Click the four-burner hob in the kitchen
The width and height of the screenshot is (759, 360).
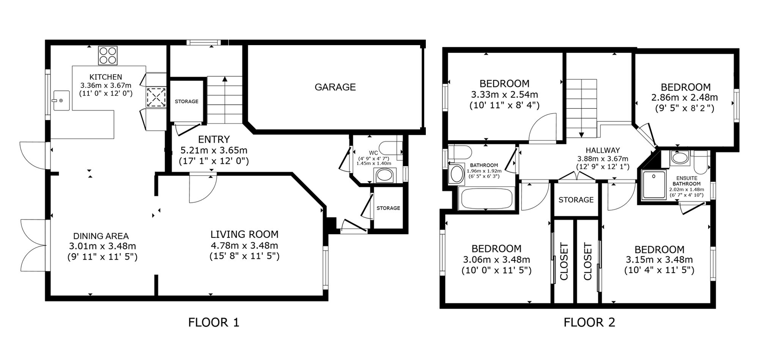[x=108, y=55]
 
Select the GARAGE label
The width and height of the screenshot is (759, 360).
[x=335, y=87]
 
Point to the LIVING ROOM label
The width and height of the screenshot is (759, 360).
[x=244, y=234]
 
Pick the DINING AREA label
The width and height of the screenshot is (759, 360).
[x=101, y=236]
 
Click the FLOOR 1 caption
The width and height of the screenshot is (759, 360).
[x=214, y=322]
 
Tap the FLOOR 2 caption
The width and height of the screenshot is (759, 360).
[x=589, y=322]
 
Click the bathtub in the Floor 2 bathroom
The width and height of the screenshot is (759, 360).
[x=486, y=198]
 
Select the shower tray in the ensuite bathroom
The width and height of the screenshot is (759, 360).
[x=654, y=185]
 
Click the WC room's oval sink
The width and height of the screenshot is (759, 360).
[x=385, y=175]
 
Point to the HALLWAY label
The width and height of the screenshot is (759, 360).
[x=603, y=150]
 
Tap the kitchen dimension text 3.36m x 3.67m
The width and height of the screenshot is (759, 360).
[x=106, y=85]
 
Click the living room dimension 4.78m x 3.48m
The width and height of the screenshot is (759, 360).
[x=244, y=245]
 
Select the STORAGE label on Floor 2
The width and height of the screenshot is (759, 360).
[x=576, y=200]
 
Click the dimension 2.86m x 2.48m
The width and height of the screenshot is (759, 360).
[x=685, y=98]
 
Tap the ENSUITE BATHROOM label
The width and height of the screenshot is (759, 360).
[x=687, y=181]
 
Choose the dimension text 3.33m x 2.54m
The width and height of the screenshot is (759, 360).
[x=504, y=94]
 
